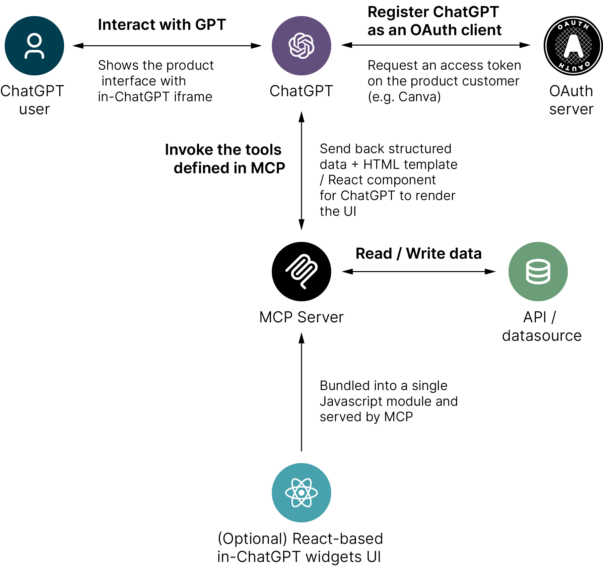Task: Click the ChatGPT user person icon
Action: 34,46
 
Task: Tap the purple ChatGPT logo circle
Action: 301,46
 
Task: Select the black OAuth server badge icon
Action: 573,46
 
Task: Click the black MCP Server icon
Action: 301,271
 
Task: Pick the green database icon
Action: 538,271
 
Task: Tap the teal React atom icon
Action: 301,493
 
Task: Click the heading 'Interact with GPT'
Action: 162,25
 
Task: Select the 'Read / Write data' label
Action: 418,254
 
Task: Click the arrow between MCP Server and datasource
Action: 418,271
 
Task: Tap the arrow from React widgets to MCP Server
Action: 301,392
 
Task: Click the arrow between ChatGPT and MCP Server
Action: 301,171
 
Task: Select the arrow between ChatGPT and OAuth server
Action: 435,45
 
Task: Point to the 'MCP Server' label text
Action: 301,317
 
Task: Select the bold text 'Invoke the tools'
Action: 223,150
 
